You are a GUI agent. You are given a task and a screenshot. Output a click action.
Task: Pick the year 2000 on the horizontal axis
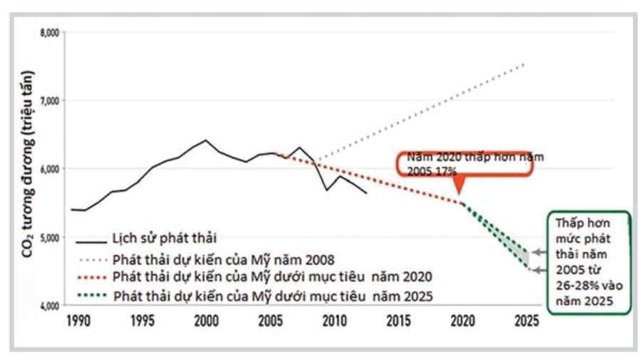pyautogui.click(x=206, y=322)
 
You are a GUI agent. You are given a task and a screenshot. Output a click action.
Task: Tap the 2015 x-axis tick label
pyautogui.click(x=398, y=322)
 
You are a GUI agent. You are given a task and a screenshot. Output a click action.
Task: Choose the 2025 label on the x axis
pyautogui.click(x=526, y=322)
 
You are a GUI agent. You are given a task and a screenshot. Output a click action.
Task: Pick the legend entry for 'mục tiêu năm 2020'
pyautogui.click(x=271, y=275)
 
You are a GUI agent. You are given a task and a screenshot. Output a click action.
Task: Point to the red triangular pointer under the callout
pyautogui.click(x=460, y=187)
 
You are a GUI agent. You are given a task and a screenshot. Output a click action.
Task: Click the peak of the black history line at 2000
pyautogui.click(x=207, y=140)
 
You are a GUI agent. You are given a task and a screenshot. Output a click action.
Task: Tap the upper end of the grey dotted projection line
pyautogui.click(x=525, y=64)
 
